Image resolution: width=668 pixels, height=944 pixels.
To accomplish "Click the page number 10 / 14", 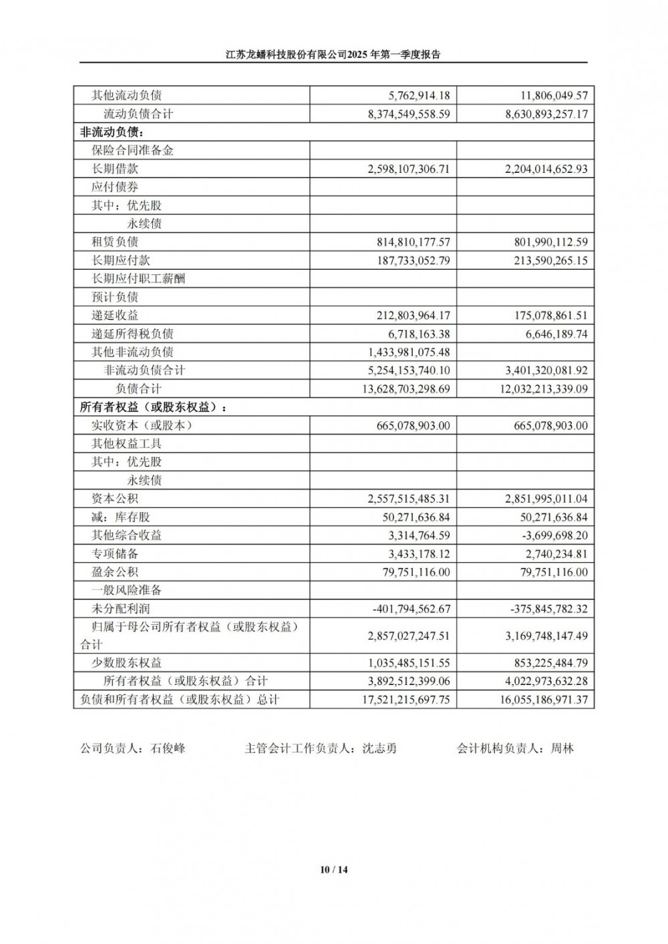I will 334,869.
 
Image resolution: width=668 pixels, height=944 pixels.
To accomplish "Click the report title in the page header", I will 333,55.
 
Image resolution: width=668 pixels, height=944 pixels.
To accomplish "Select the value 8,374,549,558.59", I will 409,114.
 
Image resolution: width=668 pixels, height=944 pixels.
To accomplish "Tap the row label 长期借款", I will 115,169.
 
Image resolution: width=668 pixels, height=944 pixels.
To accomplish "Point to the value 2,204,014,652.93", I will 546,169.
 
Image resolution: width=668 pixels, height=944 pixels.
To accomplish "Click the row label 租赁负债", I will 115,242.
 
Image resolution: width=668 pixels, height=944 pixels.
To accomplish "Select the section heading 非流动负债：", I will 112,132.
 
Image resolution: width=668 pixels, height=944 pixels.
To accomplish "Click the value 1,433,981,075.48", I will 409,352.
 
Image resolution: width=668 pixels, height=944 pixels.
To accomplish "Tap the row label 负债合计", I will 138,389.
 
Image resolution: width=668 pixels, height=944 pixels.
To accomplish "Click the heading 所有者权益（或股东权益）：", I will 153,407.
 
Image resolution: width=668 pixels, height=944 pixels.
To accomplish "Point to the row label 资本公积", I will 115,499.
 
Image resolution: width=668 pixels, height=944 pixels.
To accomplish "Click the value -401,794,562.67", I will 411,609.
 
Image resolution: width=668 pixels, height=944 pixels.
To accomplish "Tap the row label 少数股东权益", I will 127,663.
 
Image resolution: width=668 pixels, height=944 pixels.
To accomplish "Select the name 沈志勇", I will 379,748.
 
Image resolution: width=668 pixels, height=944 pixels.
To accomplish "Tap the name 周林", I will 562,748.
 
